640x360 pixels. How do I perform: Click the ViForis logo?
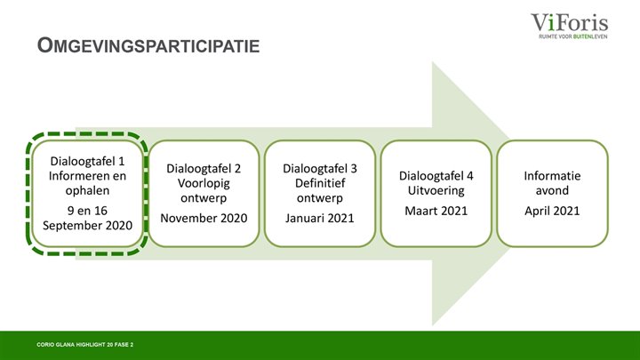coord(570,26)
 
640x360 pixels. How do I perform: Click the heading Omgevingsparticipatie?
coord(148,45)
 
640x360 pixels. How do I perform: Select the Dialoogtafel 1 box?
coord(87,194)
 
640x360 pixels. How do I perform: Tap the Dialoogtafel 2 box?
coord(204,194)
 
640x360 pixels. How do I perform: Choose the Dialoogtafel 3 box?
coord(320,194)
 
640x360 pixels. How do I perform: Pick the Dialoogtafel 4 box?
coord(436,194)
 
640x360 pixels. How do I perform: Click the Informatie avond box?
coord(552,194)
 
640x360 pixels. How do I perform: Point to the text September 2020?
coord(87,225)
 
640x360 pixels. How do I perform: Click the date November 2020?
coord(204,218)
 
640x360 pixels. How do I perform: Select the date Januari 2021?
coord(320,218)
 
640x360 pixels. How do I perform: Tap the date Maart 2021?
coord(436,211)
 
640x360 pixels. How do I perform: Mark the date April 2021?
coord(552,211)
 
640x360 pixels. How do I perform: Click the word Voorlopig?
coord(204,183)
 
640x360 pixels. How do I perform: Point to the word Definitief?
coord(320,183)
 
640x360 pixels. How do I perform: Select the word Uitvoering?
coord(436,190)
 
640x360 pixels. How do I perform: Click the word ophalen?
coord(87,190)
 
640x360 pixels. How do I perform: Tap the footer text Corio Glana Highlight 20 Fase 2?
coord(85,345)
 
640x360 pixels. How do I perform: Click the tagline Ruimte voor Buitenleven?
coord(573,36)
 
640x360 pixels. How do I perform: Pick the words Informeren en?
coord(87,176)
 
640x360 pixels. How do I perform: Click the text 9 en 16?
coord(87,211)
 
